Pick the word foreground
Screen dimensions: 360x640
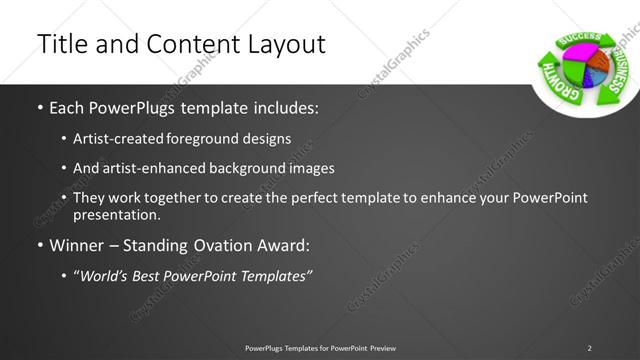(x=217, y=138)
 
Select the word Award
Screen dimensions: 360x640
(x=289, y=244)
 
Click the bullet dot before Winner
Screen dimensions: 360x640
(x=39, y=244)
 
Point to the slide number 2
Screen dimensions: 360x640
(x=589, y=347)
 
